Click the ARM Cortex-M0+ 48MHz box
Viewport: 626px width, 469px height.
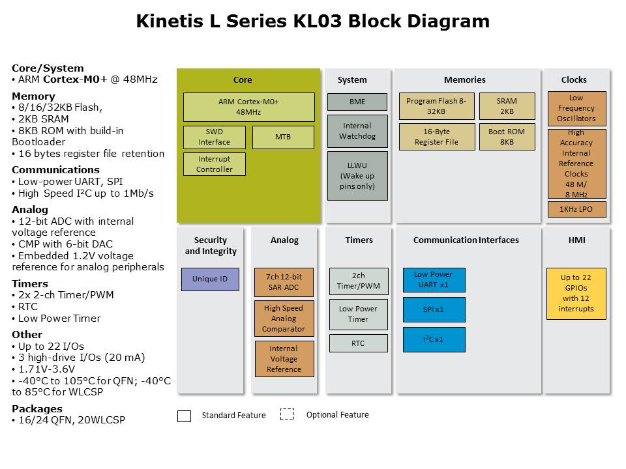tap(248, 107)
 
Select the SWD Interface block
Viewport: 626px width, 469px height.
tap(214, 137)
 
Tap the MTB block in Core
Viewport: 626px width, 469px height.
tap(283, 137)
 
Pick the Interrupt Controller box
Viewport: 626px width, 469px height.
tap(214, 164)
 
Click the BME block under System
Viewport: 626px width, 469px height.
tap(357, 102)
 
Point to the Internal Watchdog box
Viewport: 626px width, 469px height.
tap(357, 131)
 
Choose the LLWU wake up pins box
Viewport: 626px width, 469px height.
tap(357, 176)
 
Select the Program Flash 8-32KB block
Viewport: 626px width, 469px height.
tap(436, 106)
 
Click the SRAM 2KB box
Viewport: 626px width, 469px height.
tap(507, 106)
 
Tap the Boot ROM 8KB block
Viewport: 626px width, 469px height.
tap(507, 137)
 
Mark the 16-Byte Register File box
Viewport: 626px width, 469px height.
tap(436, 137)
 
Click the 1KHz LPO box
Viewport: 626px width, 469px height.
tap(576, 209)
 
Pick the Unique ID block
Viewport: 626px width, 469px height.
tap(210, 279)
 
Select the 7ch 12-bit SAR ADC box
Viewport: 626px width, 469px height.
tap(284, 282)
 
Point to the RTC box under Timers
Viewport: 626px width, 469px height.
tap(358, 343)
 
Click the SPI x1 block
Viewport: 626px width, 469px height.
tap(434, 309)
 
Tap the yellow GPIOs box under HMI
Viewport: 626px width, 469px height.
tap(576, 293)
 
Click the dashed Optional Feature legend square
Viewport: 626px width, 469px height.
tap(287, 415)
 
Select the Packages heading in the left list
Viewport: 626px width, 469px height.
tap(37, 409)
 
